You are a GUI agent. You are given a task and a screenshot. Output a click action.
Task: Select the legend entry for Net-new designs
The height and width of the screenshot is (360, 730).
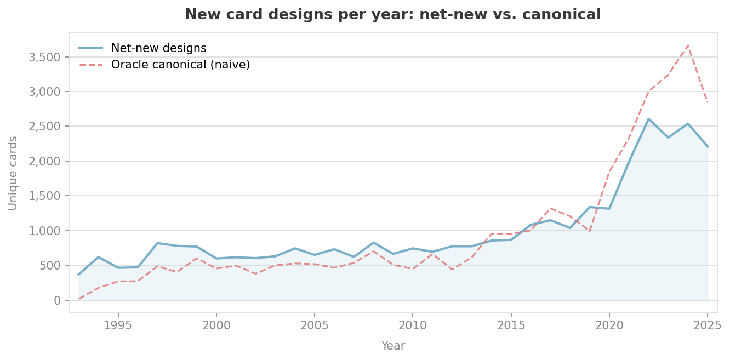point(158,48)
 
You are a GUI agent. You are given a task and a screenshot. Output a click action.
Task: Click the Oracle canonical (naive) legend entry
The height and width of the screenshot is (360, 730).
point(180,65)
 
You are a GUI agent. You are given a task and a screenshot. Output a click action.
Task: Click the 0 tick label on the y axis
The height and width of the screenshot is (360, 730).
point(56,300)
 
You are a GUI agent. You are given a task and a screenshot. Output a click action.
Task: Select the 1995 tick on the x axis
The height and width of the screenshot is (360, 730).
point(118,325)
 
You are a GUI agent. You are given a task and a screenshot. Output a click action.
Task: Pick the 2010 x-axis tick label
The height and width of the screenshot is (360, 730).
point(413,325)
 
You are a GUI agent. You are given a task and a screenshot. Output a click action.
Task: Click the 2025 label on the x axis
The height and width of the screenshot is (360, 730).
point(708,325)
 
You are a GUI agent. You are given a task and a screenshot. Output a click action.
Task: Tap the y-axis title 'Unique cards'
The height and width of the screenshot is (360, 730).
point(13,173)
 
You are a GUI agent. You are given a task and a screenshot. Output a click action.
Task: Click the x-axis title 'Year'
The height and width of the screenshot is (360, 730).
point(393,346)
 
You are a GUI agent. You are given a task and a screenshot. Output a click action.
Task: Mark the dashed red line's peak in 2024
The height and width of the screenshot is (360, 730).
point(688,45)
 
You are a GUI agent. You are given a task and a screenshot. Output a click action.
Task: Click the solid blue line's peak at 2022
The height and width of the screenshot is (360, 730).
point(648,119)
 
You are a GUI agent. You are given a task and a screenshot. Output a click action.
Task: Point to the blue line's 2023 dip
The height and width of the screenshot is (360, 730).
point(668,138)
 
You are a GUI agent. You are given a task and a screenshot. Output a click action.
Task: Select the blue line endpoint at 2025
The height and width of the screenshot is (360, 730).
point(708,147)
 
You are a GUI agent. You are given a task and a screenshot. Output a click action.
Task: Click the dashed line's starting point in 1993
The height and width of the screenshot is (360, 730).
point(79,299)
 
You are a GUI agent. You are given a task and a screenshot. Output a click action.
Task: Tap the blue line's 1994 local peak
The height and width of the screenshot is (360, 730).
point(98,257)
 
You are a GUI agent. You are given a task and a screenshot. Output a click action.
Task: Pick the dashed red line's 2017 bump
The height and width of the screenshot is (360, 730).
point(550,208)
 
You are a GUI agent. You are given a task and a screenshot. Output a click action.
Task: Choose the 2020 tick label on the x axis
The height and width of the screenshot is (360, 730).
point(609,325)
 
